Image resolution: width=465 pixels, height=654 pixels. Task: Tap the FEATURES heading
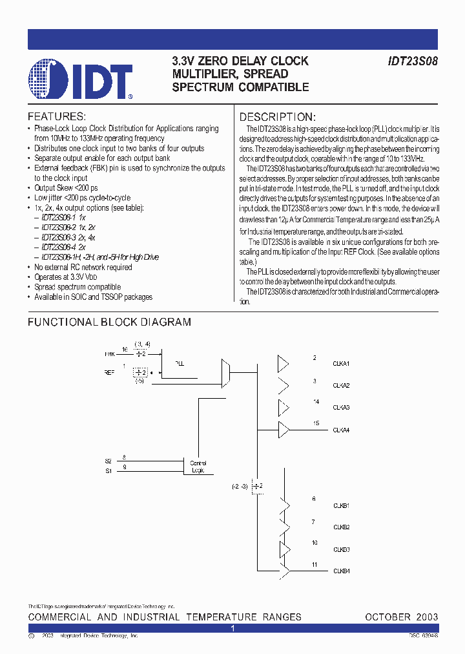[56, 117]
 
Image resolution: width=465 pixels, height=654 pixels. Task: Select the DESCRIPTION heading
[278, 117]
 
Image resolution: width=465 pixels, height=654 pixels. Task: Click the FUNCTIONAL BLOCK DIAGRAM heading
[109, 322]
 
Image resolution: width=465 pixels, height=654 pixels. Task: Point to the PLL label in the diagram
[180, 364]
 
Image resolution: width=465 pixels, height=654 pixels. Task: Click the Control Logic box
[198, 467]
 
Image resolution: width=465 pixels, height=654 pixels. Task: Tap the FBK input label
[109, 355]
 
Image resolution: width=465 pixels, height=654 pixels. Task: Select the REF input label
[110, 372]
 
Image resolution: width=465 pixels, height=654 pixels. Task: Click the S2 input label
[108, 461]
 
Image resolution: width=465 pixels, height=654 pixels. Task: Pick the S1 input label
[108, 471]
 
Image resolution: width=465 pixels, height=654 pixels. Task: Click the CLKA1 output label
[341, 364]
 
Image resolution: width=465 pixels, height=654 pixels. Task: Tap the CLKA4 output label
[341, 430]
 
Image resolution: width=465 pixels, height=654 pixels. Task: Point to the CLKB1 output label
[341, 505]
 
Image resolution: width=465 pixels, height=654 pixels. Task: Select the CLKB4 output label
[341, 571]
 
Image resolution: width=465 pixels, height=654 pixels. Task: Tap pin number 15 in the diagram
[316, 423]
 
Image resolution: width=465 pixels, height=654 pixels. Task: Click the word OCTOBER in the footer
[387, 617]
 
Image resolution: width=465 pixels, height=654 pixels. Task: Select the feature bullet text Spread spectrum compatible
[77, 287]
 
